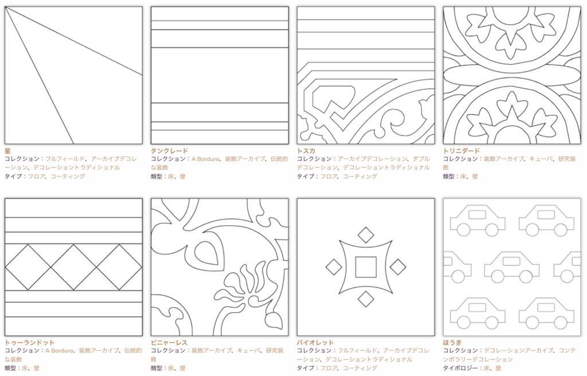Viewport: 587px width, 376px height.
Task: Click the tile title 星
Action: point(7,151)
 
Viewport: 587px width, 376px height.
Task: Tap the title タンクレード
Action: point(169,151)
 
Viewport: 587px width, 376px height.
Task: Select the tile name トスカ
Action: point(306,151)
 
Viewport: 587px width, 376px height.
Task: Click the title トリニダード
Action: point(461,151)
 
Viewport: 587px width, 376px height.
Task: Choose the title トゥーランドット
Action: point(30,343)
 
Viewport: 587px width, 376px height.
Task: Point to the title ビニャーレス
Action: point(169,343)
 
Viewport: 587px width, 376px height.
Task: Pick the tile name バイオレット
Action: point(315,343)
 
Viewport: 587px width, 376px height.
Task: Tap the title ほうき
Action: point(452,343)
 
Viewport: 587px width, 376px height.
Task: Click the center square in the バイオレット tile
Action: point(366,267)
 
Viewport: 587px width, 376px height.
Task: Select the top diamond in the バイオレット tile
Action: point(366,235)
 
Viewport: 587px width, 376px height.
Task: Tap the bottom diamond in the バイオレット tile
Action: point(366,299)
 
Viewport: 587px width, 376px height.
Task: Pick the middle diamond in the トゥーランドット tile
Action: point(74,268)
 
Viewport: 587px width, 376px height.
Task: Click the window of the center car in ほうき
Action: point(512,261)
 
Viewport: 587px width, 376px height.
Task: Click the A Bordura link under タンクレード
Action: point(205,159)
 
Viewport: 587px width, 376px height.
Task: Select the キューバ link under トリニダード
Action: point(541,159)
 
